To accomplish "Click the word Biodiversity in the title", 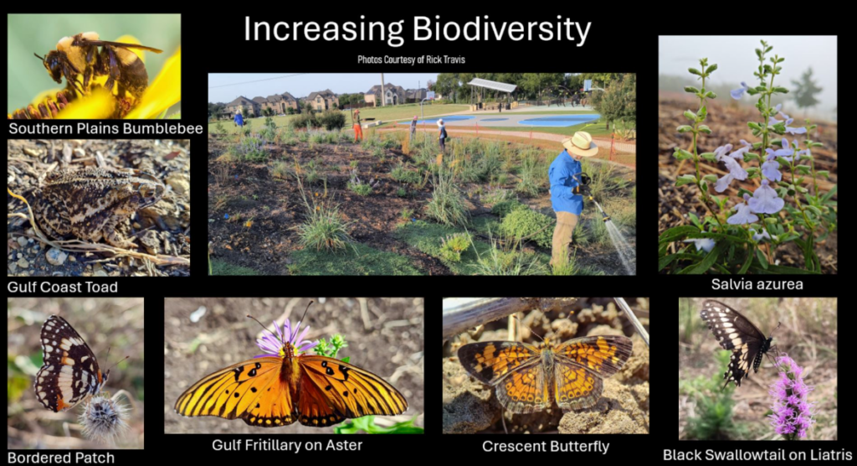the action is (501, 29).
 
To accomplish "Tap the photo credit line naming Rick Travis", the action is (411, 60).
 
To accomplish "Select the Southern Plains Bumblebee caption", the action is (105, 129).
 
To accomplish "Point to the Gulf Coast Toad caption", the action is (62, 287).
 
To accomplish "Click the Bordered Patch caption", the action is (61, 458).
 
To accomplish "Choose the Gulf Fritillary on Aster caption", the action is (287, 445).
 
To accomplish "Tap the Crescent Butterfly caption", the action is (546, 446).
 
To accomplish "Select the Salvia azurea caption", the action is (757, 284).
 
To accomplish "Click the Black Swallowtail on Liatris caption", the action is (757, 454).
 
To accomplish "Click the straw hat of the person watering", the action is (580, 143).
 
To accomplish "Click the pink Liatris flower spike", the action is (790, 396).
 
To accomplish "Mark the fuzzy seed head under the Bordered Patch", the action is (103, 416).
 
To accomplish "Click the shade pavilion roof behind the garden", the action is (492, 85).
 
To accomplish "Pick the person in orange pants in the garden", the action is (357, 126).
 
